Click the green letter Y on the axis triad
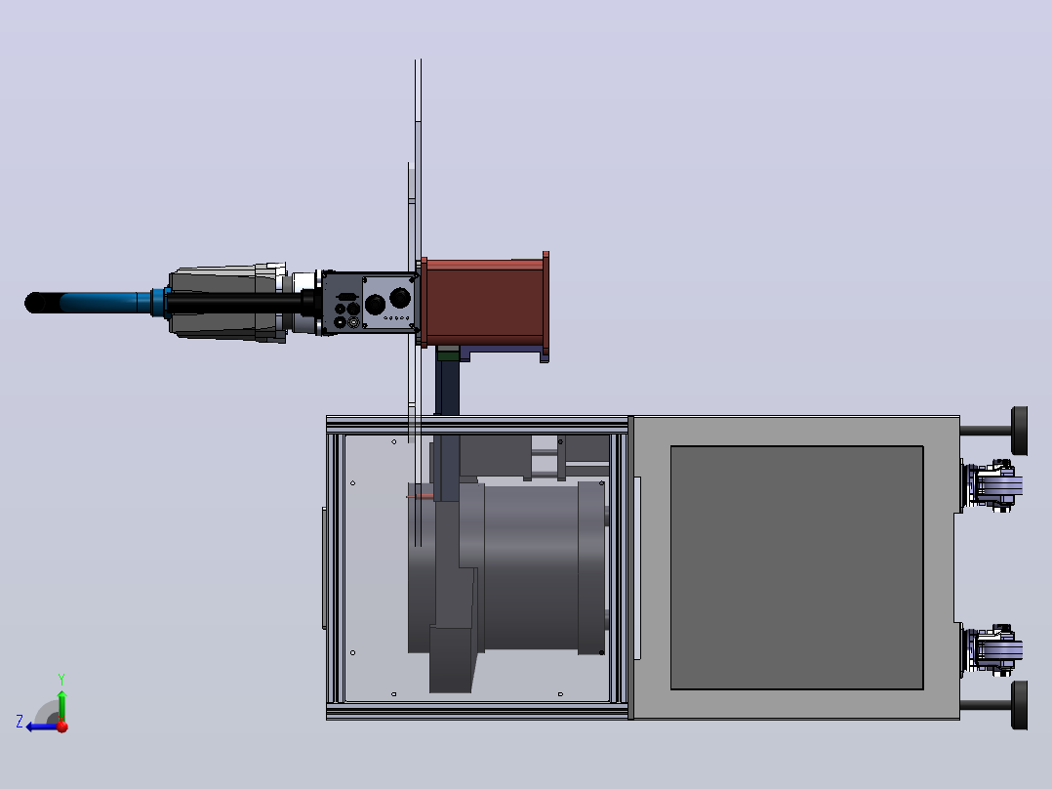pyautogui.click(x=61, y=679)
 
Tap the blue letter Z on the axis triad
pyautogui.click(x=20, y=722)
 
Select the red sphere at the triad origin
pyautogui.click(x=62, y=726)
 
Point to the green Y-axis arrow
pyautogui.click(x=61, y=704)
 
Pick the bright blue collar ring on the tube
pyautogui.click(x=158, y=302)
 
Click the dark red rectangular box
pyautogui.click(x=484, y=303)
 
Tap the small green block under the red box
pyautogui.click(x=448, y=353)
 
